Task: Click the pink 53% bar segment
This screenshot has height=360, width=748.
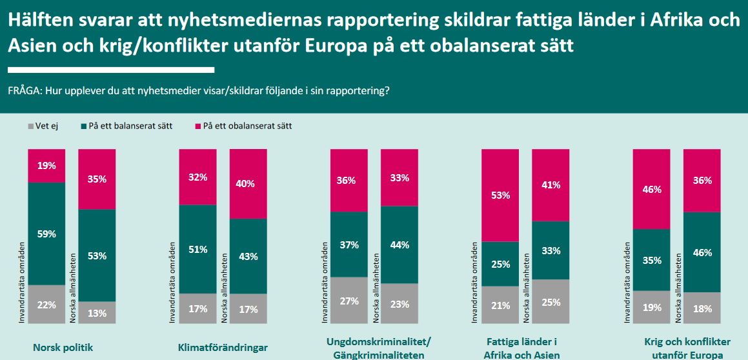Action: (500, 195)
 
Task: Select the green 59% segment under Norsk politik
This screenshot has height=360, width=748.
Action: (46, 234)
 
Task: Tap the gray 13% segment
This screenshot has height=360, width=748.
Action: (97, 312)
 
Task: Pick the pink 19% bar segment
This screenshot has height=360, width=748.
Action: (46, 166)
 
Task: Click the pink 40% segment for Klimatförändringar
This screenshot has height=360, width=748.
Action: (248, 184)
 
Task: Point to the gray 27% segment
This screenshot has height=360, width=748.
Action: (349, 300)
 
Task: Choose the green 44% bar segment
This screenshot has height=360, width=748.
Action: (399, 245)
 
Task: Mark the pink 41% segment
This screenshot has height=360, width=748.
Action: (551, 185)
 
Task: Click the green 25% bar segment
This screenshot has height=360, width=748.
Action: (500, 264)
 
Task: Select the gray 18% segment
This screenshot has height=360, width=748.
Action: (702, 308)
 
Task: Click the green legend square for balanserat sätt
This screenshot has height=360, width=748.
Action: (83, 126)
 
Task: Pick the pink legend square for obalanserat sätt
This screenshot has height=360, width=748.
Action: (197, 126)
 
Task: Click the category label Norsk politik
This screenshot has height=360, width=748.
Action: (63, 348)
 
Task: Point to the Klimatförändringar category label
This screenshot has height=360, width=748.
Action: (223, 348)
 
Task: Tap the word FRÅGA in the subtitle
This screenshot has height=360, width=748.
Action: (24, 91)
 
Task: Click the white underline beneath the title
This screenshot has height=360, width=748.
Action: (110, 70)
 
